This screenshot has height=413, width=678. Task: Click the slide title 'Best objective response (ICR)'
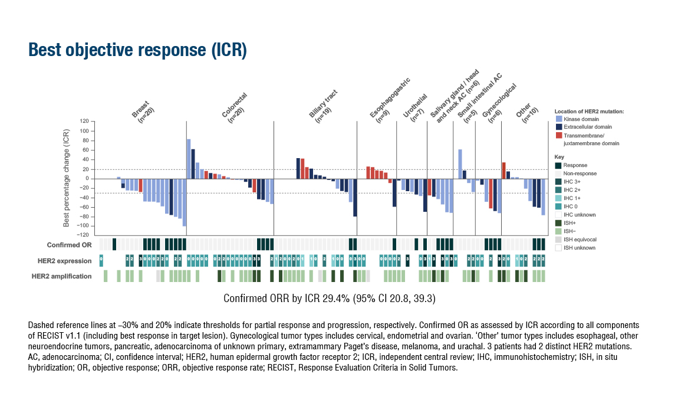137,50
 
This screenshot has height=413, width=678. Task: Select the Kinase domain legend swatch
558,119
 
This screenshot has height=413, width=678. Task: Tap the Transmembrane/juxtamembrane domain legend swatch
558,135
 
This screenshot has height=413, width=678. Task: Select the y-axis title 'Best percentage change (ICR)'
67,178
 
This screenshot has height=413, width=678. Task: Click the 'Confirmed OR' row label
70,245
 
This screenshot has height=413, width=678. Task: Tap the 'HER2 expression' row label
70,261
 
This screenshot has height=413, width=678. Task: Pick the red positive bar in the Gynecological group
503,170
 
